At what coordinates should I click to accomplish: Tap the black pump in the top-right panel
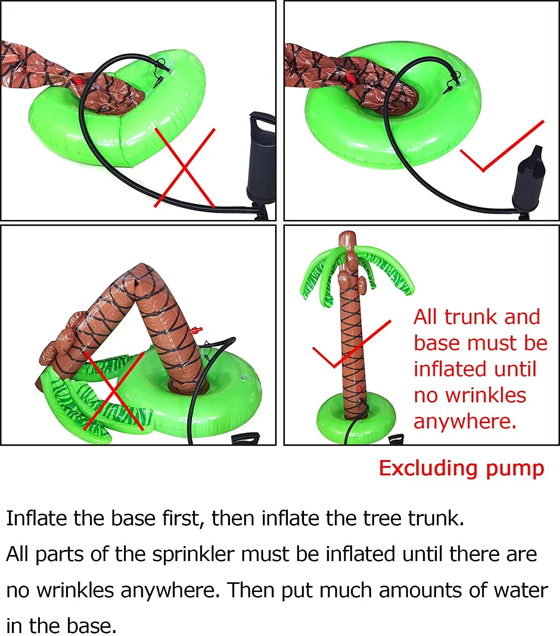click(x=528, y=180)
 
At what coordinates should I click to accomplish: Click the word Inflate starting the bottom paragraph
click(x=37, y=518)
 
